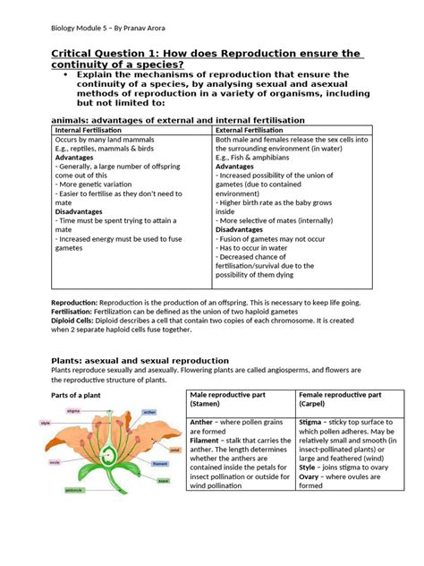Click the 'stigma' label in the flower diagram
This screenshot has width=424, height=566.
coord(74,410)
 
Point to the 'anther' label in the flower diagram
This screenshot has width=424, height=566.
coord(149,412)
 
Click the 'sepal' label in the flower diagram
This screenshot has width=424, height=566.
coord(163,481)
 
